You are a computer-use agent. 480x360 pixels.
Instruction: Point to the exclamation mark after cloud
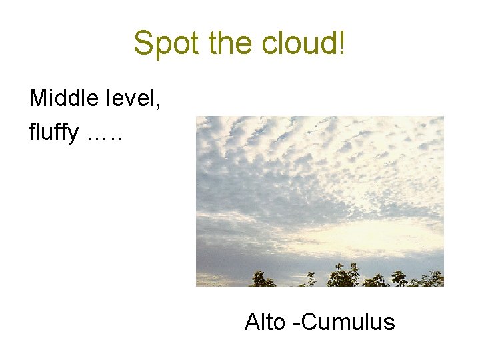pyautogui.click(x=342, y=43)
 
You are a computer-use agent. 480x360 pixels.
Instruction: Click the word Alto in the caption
pyautogui.click(x=265, y=322)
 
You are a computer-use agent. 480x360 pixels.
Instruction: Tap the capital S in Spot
pyautogui.click(x=143, y=43)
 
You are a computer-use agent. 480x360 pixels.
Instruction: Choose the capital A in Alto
pyautogui.click(x=252, y=322)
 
